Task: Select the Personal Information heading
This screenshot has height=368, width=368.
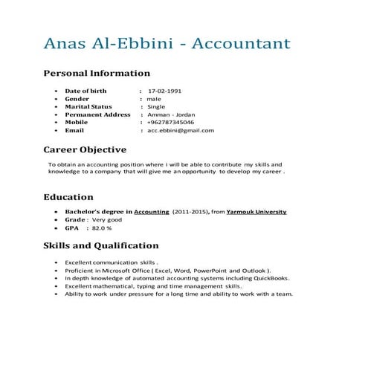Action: pyautogui.click(x=97, y=74)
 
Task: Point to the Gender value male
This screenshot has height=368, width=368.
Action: pyautogui.click(x=154, y=99)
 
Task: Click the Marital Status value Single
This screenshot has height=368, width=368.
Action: pyautogui.click(x=156, y=107)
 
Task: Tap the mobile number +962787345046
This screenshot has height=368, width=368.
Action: pyautogui.click(x=170, y=123)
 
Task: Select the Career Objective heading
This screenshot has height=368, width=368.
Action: pyautogui.click(x=85, y=149)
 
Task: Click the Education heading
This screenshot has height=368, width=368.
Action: pyautogui.click(x=68, y=197)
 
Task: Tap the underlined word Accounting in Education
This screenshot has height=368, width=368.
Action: pyautogui.click(x=151, y=212)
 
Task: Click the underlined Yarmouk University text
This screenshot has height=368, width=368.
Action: pyautogui.click(x=256, y=212)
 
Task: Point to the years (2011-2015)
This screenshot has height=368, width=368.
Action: pyautogui.click(x=190, y=212)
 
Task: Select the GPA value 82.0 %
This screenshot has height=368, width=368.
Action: pyautogui.click(x=103, y=228)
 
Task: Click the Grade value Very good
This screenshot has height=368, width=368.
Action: pyautogui.click(x=107, y=220)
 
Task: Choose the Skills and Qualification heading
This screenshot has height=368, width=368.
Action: pyautogui.click(x=100, y=245)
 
